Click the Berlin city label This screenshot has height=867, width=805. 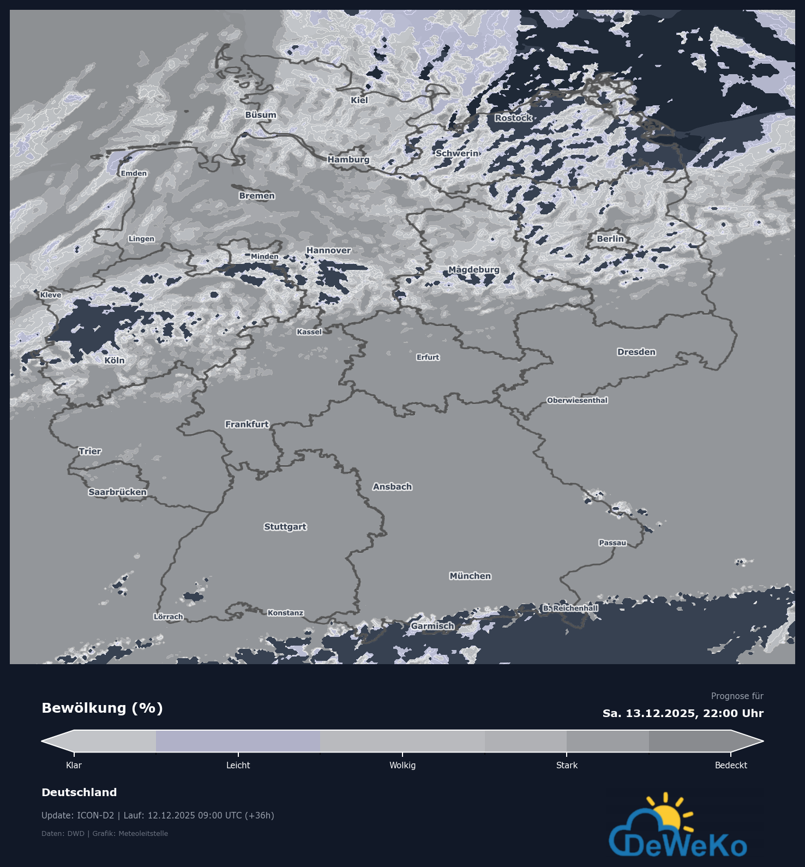[610, 239]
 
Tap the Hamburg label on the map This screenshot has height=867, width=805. [349, 159]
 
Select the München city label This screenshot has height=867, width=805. [470, 576]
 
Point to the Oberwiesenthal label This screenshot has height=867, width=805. [577, 400]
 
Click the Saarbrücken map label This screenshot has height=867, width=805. [117, 492]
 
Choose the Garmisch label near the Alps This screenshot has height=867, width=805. [432, 626]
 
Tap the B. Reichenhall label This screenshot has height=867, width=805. [570, 608]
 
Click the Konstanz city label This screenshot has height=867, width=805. [285, 613]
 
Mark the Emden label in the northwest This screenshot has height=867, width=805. [134, 173]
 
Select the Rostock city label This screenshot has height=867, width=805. [513, 118]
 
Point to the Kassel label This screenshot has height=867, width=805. [309, 332]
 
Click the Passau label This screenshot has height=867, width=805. [612, 543]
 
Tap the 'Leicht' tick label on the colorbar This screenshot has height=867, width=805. [238, 766]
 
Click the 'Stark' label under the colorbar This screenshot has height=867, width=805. [567, 766]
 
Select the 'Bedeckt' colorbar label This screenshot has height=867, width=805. [731, 766]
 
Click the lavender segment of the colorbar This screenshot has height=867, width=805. [238, 741]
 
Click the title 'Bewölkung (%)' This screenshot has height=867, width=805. [103, 708]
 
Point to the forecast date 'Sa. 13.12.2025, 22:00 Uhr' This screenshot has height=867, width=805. [683, 713]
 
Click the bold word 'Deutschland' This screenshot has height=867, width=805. [79, 792]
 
